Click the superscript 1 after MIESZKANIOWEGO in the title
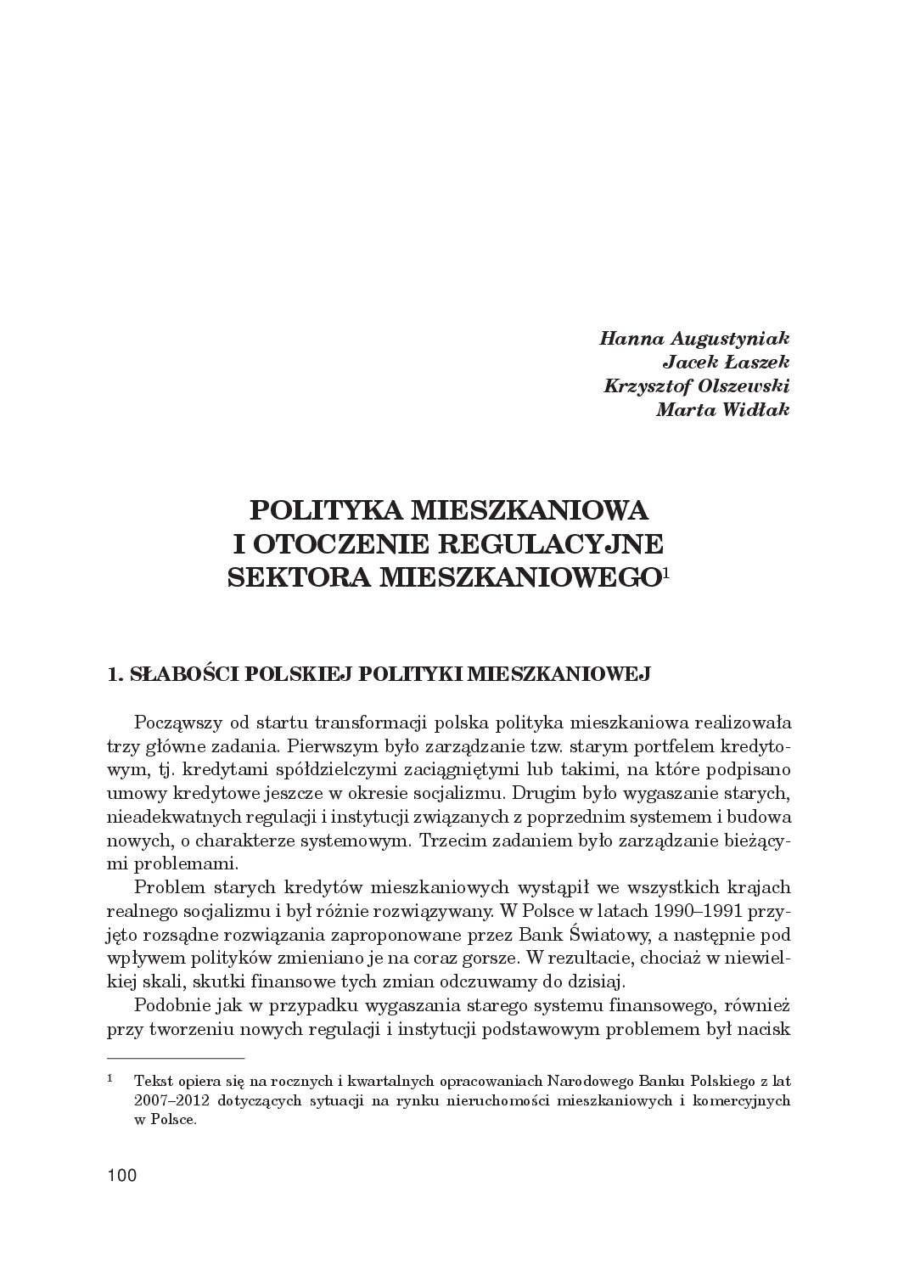pyautogui.click(x=667, y=571)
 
